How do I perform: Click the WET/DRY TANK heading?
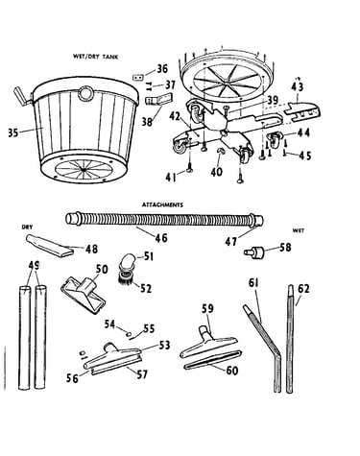pos(95,57)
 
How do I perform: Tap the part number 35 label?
pos(13,132)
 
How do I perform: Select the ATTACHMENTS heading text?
pos(162,204)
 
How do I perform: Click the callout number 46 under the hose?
pos(161,238)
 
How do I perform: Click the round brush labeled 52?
pos(126,276)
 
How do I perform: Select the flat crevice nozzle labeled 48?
pos(49,245)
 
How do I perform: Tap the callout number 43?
pos(298,87)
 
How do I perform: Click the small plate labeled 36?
pos(138,78)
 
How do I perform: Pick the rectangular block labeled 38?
pos(158,99)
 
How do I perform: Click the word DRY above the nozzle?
pos(27,227)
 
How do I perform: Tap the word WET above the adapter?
pos(299,230)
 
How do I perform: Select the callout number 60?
pos(232,371)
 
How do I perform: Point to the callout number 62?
pos(303,289)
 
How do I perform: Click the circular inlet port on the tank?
pos(85,93)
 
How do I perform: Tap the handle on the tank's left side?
pos(22,96)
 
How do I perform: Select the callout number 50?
pos(102,269)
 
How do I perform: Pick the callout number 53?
pos(164,346)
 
